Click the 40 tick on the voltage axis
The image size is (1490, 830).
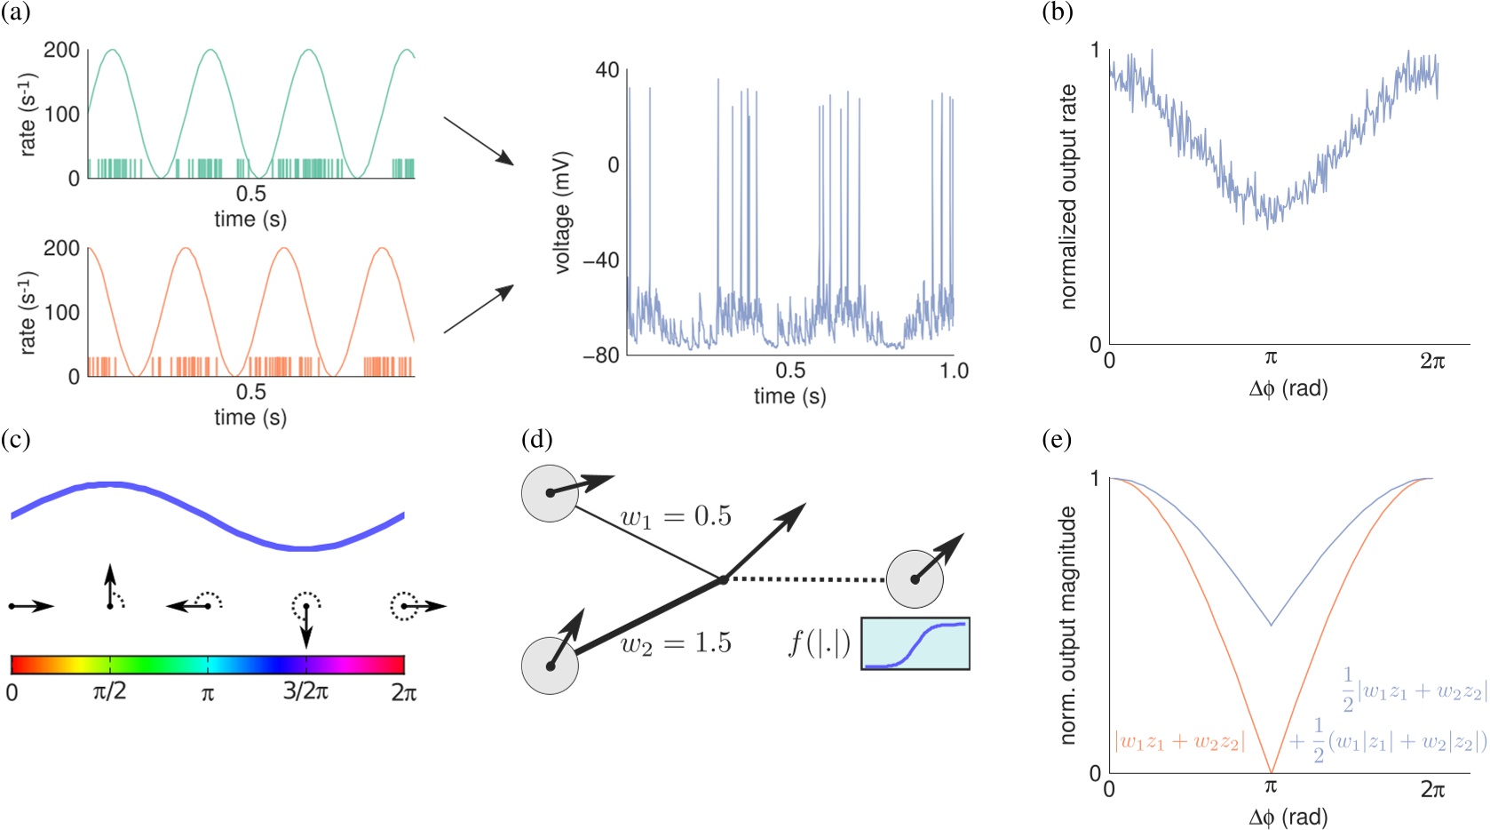pyautogui.click(x=607, y=69)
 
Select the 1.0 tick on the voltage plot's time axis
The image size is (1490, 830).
pyautogui.click(x=954, y=371)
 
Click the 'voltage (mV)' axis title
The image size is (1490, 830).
pyautogui.click(x=562, y=213)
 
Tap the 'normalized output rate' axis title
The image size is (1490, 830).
pyautogui.click(x=1068, y=197)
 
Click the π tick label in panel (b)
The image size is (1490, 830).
pyautogui.click(x=1271, y=358)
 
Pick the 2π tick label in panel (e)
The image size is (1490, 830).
pyautogui.click(x=1432, y=789)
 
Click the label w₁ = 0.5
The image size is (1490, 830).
pyautogui.click(x=676, y=517)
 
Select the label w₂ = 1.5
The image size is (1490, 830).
pyautogui.click(x=676, y=643)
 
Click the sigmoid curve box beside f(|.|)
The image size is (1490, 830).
pyautogui.click(x=915, y=643)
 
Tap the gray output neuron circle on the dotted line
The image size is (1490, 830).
pyautogui.click(x=915, y=579)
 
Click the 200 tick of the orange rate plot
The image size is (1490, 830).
pyautogui.click(x=61, y=249)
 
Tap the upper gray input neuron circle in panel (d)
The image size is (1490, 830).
pyautogui.click(x=550, y=492)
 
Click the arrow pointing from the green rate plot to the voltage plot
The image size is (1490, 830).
pyautogui.click(x=478, y=140)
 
